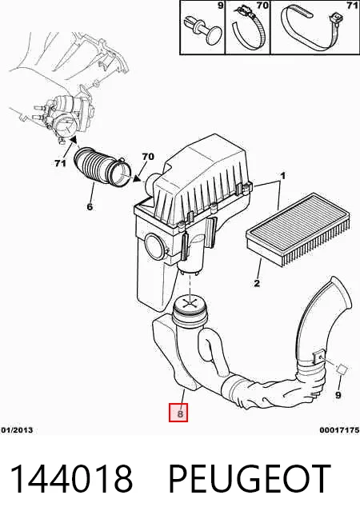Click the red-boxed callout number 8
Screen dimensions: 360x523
178,413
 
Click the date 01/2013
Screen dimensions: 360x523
17,430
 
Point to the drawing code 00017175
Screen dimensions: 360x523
339,430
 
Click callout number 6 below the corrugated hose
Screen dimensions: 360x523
90,207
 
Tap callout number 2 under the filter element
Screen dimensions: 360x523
257,284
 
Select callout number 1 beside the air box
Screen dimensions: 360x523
282,176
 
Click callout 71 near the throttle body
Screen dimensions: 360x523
60,163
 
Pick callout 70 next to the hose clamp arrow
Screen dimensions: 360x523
148,156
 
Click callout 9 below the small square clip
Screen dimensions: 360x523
338,395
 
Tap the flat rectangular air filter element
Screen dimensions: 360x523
298,229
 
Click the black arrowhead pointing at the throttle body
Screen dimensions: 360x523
74,140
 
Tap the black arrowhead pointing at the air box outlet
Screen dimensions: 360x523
137,179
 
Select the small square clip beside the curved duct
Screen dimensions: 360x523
342,369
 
